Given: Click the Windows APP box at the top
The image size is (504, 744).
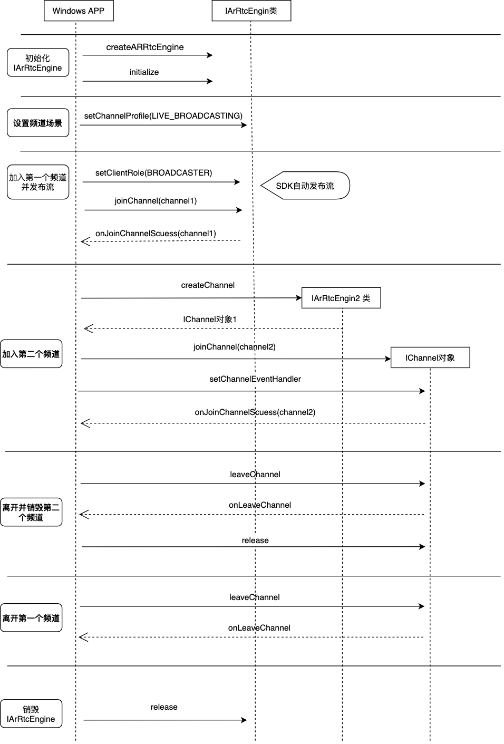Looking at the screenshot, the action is [x=79, y=11].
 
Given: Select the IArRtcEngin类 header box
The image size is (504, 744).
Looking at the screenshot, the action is [x=251, y=11].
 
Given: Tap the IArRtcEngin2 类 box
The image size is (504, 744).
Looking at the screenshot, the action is [x=341, y=298].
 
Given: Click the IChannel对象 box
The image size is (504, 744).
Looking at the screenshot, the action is [x=430, y=357].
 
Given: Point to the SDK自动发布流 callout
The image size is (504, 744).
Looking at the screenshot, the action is [x=305, y=185].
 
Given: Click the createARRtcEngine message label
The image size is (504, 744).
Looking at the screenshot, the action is [x=145, y=47].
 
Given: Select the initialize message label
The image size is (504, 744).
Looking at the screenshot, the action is [x=144, y=72].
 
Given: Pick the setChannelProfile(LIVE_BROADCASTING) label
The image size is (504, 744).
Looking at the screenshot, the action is [x=163, y=115].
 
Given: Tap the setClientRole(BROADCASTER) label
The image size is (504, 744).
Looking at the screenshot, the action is [x=154, y=173].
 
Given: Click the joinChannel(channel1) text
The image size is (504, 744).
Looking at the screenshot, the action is [x=156, y=200].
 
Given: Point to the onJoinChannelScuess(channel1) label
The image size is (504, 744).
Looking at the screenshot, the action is [x=156, y=234].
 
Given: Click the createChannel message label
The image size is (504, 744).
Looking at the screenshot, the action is [x=208, y=285].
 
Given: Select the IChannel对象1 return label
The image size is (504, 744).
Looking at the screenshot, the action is [x=210, y=319].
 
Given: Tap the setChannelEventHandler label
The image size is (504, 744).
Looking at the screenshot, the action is [x=255, y=379].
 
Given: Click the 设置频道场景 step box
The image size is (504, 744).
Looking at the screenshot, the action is [x=38, y=122].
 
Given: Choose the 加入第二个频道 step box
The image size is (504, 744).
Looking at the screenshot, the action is [x=31, y=353].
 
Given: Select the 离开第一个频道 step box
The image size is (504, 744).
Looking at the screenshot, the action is [x=31, y=617].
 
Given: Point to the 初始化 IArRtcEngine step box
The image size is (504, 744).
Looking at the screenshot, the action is [x=38, y=62].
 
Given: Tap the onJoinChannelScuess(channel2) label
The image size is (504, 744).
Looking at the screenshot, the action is [x=255, y=412].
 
